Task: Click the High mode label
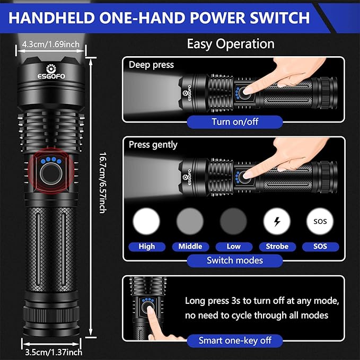point(147,247)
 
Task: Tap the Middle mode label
point(190,247)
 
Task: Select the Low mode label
point(234,247)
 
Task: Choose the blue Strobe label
point(277,247)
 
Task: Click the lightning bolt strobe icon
point(277,222)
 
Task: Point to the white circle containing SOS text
point(320,221)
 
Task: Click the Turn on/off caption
point(235,122)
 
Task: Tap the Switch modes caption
point(235,260)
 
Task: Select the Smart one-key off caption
point(235,341)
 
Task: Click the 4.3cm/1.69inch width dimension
point(51,45)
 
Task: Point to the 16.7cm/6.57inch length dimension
point(103,183)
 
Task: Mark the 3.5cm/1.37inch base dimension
point(54,353)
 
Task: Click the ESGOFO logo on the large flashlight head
point(51,72)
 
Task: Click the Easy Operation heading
point(231,44)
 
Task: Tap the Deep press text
point(151,65)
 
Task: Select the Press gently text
point(153,145)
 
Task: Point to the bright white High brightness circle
point(146,221)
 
